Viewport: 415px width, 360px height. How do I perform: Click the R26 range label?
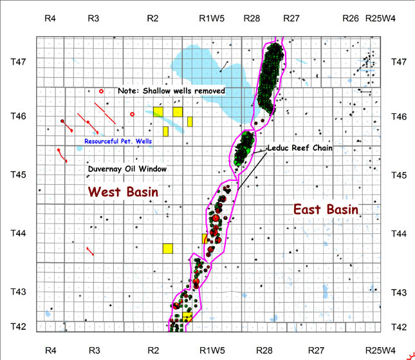coord(351,19)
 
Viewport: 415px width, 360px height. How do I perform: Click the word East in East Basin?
coord(308,209)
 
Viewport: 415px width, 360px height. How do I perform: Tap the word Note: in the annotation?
coord(127,91)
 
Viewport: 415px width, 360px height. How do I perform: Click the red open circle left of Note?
coord(101,91)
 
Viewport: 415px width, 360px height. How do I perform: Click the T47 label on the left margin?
coord(19,62)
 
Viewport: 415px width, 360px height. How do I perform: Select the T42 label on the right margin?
coord(400,327)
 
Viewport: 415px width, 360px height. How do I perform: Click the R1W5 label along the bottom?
coord(212,350)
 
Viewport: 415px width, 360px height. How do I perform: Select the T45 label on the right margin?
coord(400,175)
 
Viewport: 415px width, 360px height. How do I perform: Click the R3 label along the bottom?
coord(94,350)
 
